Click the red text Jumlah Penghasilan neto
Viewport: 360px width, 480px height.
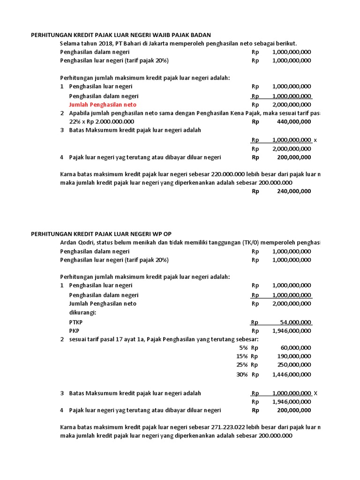tap(103, 105)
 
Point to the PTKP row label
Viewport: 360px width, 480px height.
tap(75, 322)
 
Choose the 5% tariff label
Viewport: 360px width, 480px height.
tap(242, 348)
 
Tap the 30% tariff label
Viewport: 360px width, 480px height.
tap(242, 375)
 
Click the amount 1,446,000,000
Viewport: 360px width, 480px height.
tap(291, 375)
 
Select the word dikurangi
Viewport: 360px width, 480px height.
tap(82, 312)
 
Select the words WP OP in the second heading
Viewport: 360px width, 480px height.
tap(167, 234)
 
